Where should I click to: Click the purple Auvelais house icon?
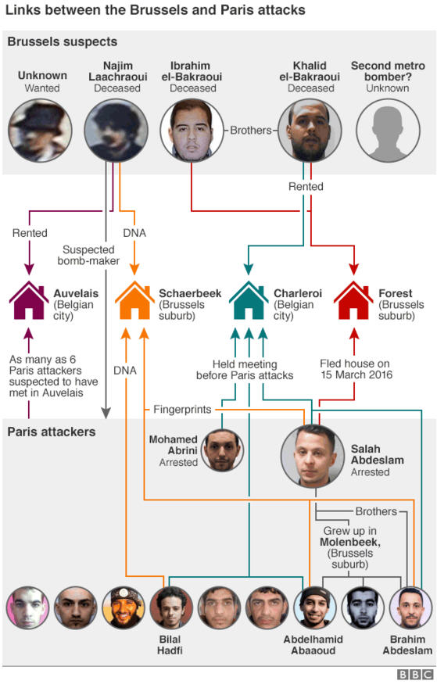(29, 300)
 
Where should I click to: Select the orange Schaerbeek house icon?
(134, 300)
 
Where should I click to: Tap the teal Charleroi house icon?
(249, 300)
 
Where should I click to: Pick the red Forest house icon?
(353, 300)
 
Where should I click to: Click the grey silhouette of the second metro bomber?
(388, 131)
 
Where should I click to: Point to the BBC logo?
(414, 675)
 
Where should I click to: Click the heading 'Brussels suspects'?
(63, 42)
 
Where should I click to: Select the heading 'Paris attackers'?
(52, 432)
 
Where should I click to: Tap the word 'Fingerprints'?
(182, 410)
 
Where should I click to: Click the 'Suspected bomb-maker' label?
(88, 256)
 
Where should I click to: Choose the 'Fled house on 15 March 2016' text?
(356, 369)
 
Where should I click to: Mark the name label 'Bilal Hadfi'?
(170, 644)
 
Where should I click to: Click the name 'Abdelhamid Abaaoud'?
(313, 644)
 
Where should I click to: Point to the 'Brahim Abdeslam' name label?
(407, 644)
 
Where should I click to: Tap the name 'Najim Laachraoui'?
(117, 71)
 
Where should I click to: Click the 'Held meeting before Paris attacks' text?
(245, 370)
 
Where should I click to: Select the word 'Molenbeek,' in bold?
(350, 543)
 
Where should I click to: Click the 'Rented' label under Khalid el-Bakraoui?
(306, 187)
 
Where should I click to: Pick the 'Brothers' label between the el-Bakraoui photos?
(251, 131)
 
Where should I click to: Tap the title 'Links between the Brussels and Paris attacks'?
(156, 10)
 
